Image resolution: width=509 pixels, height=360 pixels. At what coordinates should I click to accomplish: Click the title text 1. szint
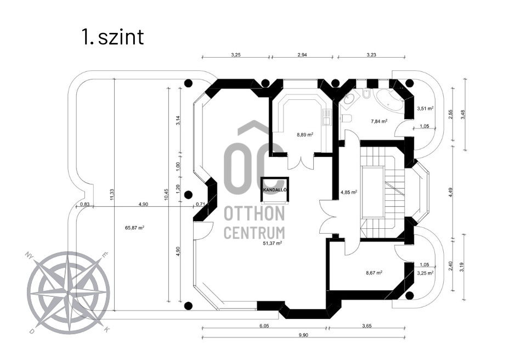coord(112,37)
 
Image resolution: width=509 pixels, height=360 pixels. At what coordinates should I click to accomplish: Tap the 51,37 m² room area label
coord(272,243)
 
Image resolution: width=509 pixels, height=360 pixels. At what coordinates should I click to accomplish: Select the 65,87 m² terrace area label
coord(134,227)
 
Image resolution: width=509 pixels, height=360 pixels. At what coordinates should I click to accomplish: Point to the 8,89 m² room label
coord(305,134)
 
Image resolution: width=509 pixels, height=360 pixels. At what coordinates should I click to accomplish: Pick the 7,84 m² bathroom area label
coord(379,121)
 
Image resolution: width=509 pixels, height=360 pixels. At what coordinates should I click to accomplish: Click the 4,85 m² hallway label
coord(349,193)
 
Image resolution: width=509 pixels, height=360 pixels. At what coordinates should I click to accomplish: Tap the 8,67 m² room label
coord(374,272)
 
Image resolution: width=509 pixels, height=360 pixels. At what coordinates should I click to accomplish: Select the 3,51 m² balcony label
coord(425,109)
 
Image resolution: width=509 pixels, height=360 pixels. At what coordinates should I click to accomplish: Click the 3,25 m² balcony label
coord(425,272)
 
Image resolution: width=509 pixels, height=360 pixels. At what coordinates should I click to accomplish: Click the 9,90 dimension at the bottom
coord(303,335)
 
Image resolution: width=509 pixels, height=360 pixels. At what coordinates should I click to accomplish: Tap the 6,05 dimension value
coord(264,325)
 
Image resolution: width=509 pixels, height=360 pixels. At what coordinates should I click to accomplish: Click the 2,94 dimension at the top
coord(302,55)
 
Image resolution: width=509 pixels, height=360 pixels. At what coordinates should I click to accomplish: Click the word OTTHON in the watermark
coord(254,213)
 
